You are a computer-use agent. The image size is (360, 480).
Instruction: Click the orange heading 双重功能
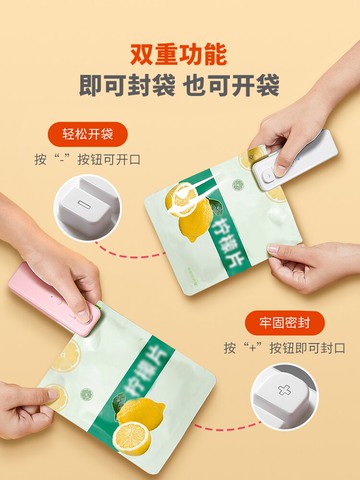[178, 54]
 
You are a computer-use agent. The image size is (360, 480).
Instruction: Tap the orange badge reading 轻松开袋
[88, 134]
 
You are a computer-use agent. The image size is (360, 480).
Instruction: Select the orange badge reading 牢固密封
[284, 323]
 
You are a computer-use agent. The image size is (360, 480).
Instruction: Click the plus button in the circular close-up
[284, 390]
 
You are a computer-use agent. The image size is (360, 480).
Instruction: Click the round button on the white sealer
[267, 174]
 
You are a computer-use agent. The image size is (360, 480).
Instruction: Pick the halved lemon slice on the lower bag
[131, 438]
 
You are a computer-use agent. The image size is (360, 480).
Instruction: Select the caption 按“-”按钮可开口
[88, 159]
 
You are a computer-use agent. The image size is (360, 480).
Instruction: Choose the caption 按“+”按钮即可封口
[284, 348]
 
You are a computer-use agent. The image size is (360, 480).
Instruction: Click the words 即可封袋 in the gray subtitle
[127, 85]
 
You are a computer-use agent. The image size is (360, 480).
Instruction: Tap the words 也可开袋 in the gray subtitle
[231, 85]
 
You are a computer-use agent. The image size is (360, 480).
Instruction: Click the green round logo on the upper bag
[238, 185]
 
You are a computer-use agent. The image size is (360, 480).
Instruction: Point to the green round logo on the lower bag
[86, 394]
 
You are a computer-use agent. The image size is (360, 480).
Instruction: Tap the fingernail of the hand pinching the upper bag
[273, 248]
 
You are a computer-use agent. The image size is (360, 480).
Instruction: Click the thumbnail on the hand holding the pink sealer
[82, 315]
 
